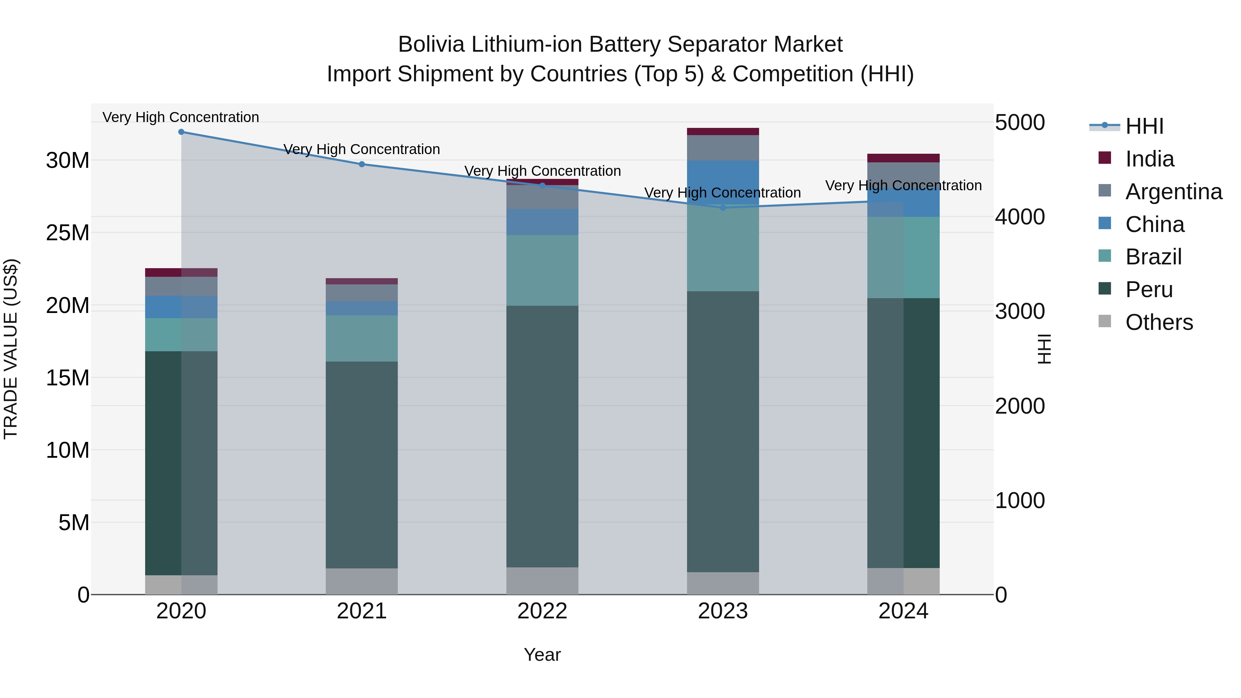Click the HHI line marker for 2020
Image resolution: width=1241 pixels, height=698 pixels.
pos(181,132)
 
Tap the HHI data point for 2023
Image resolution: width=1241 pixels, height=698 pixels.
pos(723,208)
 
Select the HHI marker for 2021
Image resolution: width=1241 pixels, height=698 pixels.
pos(362,164)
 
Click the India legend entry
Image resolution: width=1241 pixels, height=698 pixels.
pos(1149,159)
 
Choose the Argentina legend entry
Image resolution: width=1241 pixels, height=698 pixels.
pos(1173,192)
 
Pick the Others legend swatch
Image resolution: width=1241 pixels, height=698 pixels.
pos(1105,321)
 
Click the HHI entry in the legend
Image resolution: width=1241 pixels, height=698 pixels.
pos(1144,126)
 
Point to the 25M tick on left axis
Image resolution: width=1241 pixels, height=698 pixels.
pos(68,233)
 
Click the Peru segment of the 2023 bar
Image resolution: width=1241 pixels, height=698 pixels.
pos(723,431)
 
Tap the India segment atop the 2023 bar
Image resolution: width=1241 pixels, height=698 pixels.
pos(723,132)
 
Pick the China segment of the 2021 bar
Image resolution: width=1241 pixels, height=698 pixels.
pos(362,308)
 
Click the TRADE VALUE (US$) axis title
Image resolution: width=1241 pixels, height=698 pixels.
pos(11,349)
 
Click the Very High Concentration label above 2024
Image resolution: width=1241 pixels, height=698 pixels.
pos(903,185)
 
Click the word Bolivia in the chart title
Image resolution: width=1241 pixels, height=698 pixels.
pos(431,44)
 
